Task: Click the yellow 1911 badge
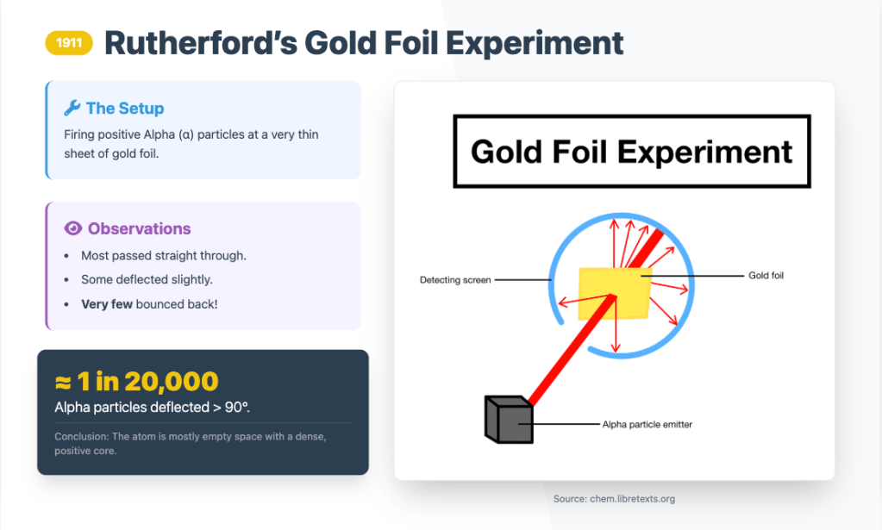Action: coord(69,43)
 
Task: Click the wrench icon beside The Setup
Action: coord(72,108)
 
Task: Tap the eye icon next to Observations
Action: coord(73,228)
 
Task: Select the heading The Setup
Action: coord(125,108)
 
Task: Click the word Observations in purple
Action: coord(140,228)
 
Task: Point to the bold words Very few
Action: coord(107,304)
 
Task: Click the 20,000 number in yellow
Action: coord(171,382)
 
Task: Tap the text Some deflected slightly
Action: coord(147,279)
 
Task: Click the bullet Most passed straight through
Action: coord(164,256)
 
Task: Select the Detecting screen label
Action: coord(455,280)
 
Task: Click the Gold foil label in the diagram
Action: coord(766,276)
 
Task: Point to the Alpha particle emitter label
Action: coord(647,424)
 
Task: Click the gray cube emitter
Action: coord(509,420)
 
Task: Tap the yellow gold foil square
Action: coord(614,293)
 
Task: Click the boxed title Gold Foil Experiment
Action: coord(632,152)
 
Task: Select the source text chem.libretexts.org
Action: coord(632,498)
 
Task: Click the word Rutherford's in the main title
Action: coord(201,43)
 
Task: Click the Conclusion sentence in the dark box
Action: coord(191,444)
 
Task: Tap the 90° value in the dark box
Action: coord(237,407)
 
